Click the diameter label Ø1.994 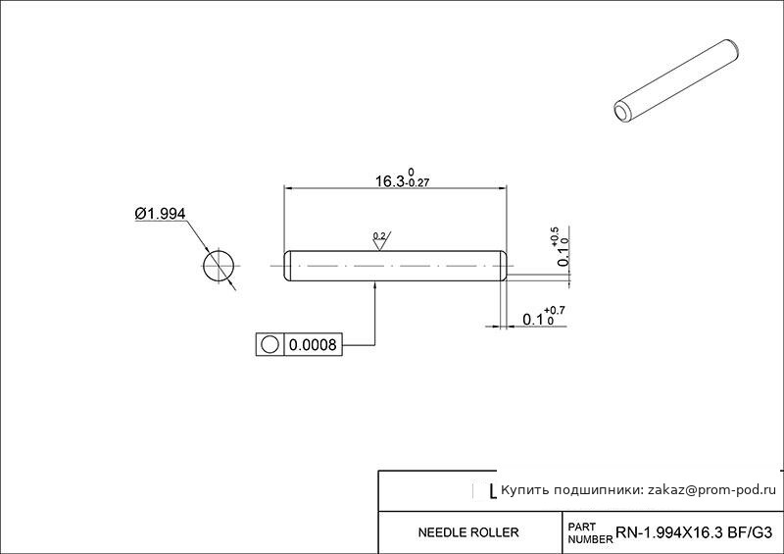160,214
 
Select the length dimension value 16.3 389,181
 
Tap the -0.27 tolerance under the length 417,183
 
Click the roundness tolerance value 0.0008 313,344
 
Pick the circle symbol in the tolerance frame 269,344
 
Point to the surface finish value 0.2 379,235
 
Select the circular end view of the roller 219,266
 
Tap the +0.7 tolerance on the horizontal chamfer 555,311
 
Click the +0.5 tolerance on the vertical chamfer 555,236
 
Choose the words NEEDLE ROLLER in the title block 468,532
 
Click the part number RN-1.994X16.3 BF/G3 694,532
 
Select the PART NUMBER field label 590,533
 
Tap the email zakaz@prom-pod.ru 711,490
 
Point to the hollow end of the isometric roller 623,112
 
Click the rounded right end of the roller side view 504,266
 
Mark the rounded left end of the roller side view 288,266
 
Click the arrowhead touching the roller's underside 375,285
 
